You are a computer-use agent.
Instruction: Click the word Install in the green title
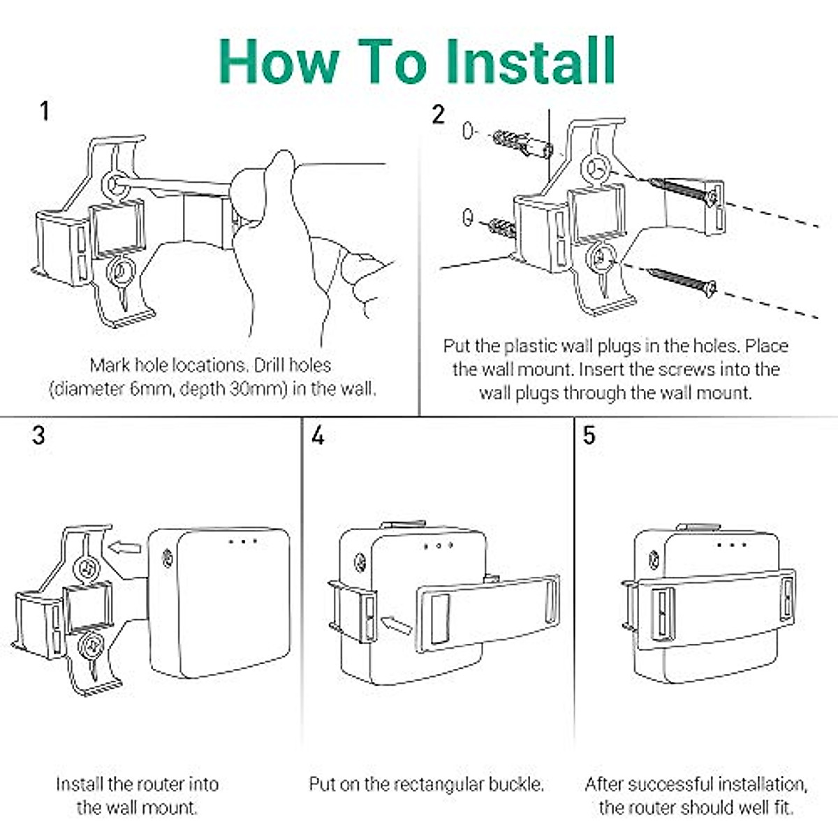click(530, 61)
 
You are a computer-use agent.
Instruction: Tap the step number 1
click(45, 111)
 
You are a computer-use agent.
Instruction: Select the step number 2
click(439, 115)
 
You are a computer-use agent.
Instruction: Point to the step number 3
click(38, 435)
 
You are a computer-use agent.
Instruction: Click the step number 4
click(318, 435)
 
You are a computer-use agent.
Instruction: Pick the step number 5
click(589, 435)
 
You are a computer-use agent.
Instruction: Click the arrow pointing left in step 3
click(124, 547)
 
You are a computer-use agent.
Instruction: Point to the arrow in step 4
click(396, 624)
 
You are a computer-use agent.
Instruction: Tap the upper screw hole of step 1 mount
click(114, 186)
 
